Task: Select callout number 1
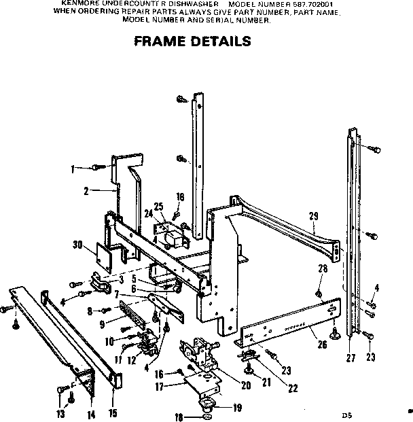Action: click(72, 167)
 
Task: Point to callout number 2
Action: click(86, 192)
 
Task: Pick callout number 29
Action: click(313, 216)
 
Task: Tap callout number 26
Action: click(322, 345)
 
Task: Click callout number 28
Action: click(323, 269)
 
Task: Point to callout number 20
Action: click(245, 385)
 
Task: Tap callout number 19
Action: click(237, 408)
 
